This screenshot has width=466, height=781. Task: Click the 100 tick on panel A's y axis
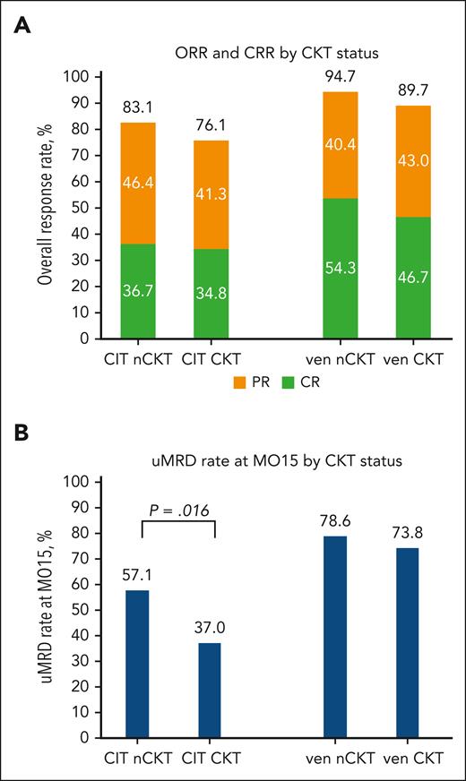point(82,77)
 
